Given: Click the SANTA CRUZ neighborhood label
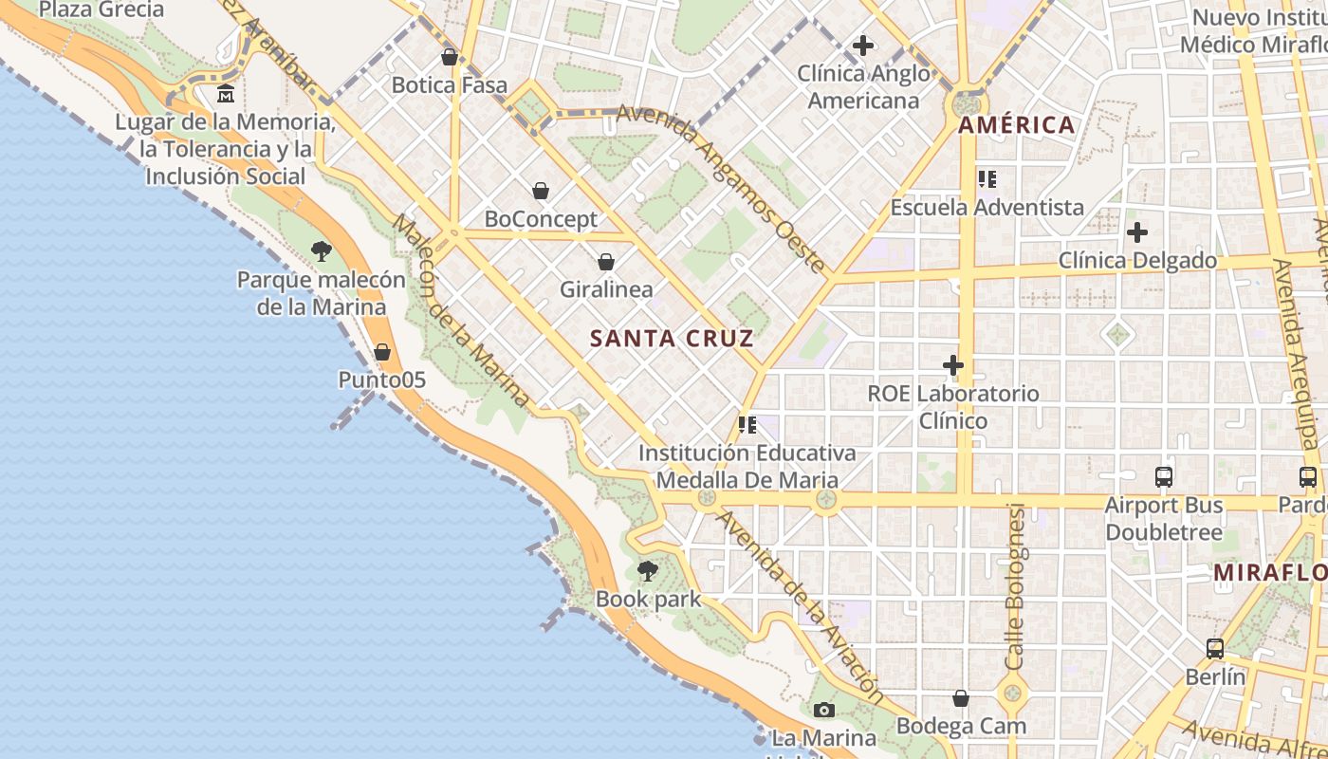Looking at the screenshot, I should [x=672, y=339].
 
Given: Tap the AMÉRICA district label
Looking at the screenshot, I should [x=1016, y=125].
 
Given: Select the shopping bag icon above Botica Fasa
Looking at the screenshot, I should [x=450, y=57].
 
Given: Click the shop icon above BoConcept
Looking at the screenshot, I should [x=541, y=191].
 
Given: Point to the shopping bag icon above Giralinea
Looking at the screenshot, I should [x=606, y=262].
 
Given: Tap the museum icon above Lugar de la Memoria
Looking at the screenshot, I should [x=226, y=94].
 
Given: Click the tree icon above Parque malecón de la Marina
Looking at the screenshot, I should [x=322, y=251].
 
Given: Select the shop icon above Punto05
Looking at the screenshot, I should [x=382, y=352].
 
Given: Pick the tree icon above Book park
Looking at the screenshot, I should [x=648, y=571].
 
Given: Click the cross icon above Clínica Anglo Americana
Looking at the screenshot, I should [x=863, y=45].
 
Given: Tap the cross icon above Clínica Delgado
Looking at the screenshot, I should [x=1137, y=231].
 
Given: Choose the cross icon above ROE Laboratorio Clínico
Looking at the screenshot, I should [x=953, y=365].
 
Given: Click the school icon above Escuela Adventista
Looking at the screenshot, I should [x=987, y=178].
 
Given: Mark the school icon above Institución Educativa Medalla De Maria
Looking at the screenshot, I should [x=747, y=425].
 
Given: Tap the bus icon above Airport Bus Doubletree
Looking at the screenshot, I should [x=1164, y=477].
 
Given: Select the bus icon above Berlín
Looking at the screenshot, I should [x=1215, y=649].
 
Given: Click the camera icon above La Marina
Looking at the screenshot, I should [x=823, y=710].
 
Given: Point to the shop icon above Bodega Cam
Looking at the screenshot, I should [x=961, y=698].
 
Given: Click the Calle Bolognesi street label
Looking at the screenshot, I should [x=1016, y=585].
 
